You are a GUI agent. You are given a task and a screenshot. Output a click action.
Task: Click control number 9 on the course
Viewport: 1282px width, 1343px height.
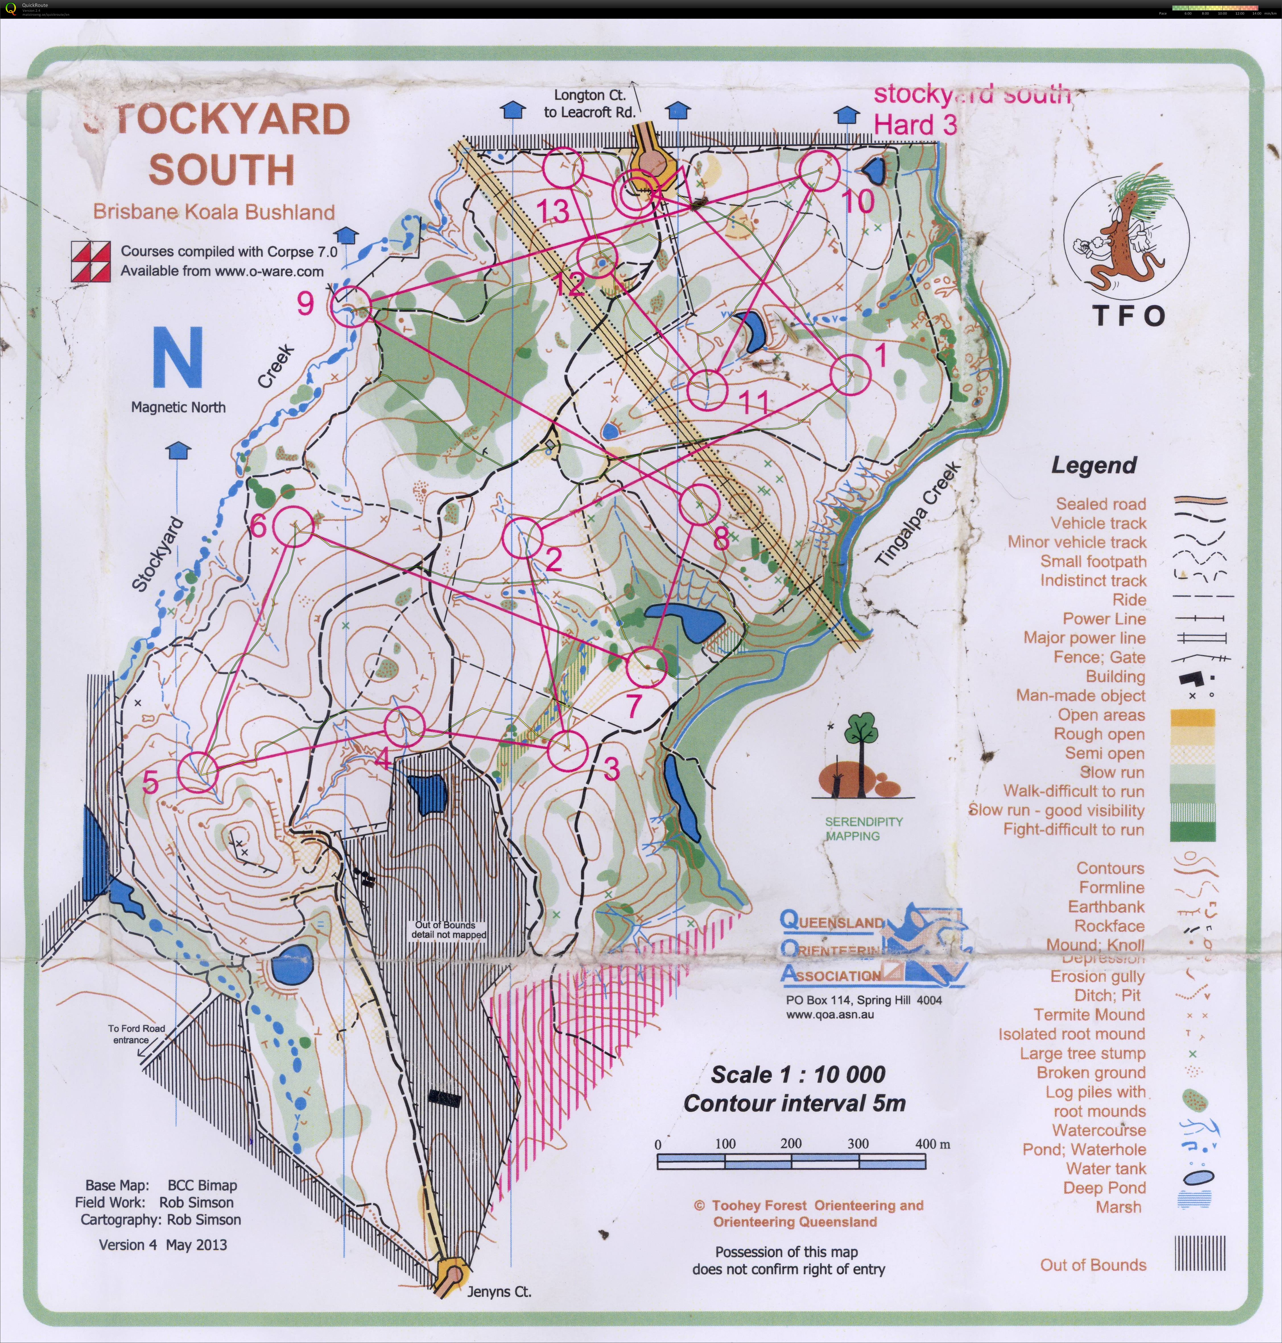(x=305, y=303)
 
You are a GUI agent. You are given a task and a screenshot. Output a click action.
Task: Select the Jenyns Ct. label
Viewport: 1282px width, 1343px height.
(x=499, y=1292)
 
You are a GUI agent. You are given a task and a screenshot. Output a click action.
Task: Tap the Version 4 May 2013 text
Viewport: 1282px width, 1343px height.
(x=163, y=1245)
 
